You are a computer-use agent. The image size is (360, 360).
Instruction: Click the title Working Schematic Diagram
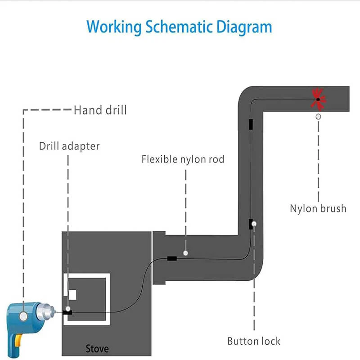(x=179, y=27)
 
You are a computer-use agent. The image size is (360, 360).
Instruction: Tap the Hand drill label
(x=100, y=110)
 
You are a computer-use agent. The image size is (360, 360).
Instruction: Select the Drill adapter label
(x=69, y=146)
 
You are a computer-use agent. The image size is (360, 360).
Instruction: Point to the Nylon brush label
(x=318, y=208)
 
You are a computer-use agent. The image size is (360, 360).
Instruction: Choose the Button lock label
(x=254, y=341)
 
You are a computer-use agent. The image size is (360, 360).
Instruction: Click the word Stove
(x=97, y=348)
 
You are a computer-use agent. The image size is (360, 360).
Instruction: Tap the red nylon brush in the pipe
(x=318, y=99)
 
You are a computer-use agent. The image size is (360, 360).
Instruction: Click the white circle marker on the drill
(x=23, y=317)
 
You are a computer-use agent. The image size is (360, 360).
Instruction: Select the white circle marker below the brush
(x=318, y=117)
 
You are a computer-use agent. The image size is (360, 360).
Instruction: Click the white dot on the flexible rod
(x=185, y=254)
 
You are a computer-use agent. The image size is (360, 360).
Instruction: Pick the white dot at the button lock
(x=254, y=224)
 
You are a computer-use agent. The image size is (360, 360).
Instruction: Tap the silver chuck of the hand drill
(x=46, y=311)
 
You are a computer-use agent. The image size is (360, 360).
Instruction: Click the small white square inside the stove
(x=72, y=295)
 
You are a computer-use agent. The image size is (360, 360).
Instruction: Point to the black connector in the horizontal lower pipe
(x=172, y=258)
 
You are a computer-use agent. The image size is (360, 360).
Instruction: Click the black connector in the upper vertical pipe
(x=251, y=124)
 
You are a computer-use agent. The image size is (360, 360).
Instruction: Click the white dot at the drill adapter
(x=68, y=310)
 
